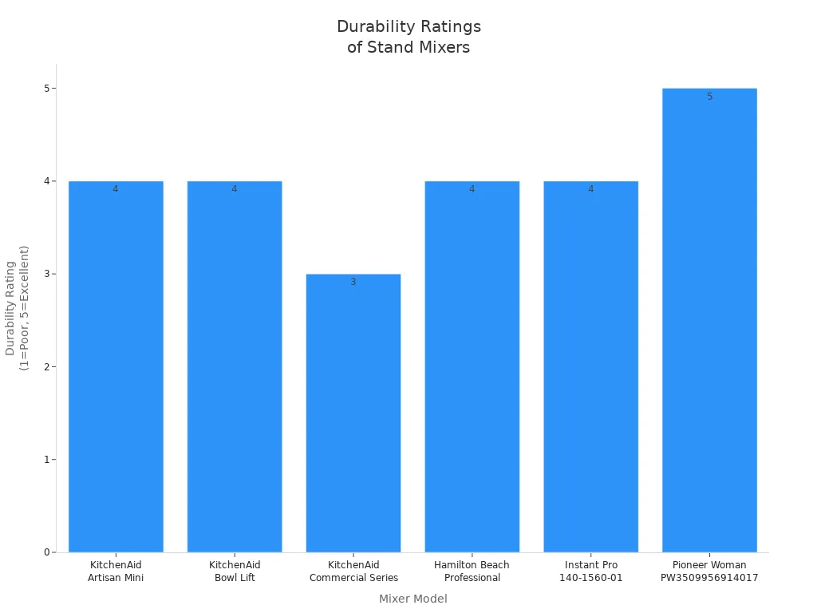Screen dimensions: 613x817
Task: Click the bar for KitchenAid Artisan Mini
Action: (116, 367)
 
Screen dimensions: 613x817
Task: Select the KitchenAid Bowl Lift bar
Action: (235, 367)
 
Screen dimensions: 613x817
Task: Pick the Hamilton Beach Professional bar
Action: (472, 367)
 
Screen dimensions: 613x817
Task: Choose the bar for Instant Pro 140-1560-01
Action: (590, 367)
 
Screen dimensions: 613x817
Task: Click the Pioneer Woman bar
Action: (709, 319)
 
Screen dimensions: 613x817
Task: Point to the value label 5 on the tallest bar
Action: (709, 97)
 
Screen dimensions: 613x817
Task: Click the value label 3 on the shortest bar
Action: (353, 282)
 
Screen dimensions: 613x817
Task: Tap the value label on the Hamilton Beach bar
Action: (472, 189)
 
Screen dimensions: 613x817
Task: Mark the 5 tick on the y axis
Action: (47, 88)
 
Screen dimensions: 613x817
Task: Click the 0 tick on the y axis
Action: (47, 552)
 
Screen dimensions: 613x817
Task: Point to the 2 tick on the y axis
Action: (47, 366)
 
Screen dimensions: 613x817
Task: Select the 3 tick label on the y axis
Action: (47, 274)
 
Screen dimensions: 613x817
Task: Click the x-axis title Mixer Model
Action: (412, 599)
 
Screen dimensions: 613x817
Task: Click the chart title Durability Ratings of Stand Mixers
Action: (408, 37)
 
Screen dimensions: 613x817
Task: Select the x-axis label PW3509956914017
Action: (709, 578)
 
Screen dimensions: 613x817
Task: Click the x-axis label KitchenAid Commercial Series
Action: (353, 571)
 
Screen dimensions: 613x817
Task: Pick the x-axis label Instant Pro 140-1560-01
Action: (590, 571)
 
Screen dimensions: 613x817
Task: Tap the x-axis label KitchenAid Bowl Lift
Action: (235, 571)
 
